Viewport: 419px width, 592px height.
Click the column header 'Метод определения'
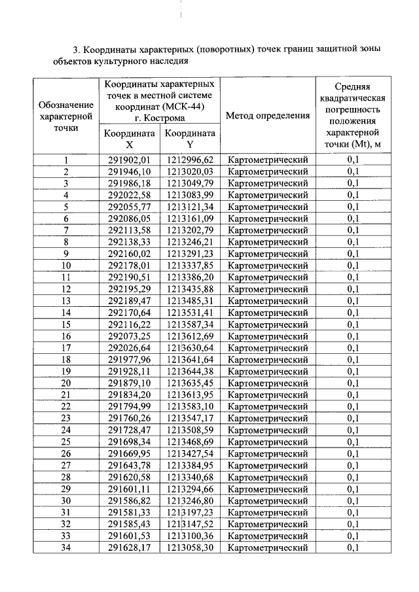point(268,116)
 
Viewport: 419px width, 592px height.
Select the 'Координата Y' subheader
point(190,139)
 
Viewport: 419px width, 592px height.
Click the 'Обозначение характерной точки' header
point(65,116)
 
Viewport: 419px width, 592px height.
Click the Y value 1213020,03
point(190,172)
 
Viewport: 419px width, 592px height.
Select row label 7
point(65,230)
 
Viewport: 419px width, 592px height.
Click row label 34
point(65,547)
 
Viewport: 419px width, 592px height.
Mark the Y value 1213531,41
point(190,313)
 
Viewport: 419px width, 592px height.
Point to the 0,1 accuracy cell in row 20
point(353,383)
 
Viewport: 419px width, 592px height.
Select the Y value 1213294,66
point(190,489)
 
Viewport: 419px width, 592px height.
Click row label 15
point(65,324)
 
